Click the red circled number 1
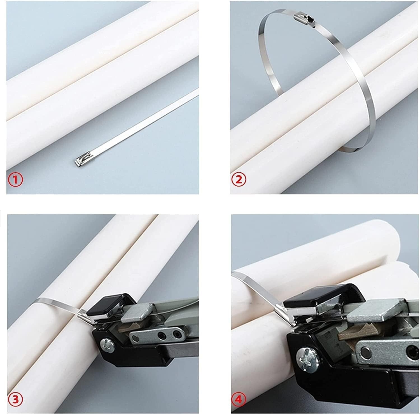[x=16, y=180]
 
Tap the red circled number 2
[x=239, y=180]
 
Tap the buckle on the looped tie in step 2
[x=304, y=20]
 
